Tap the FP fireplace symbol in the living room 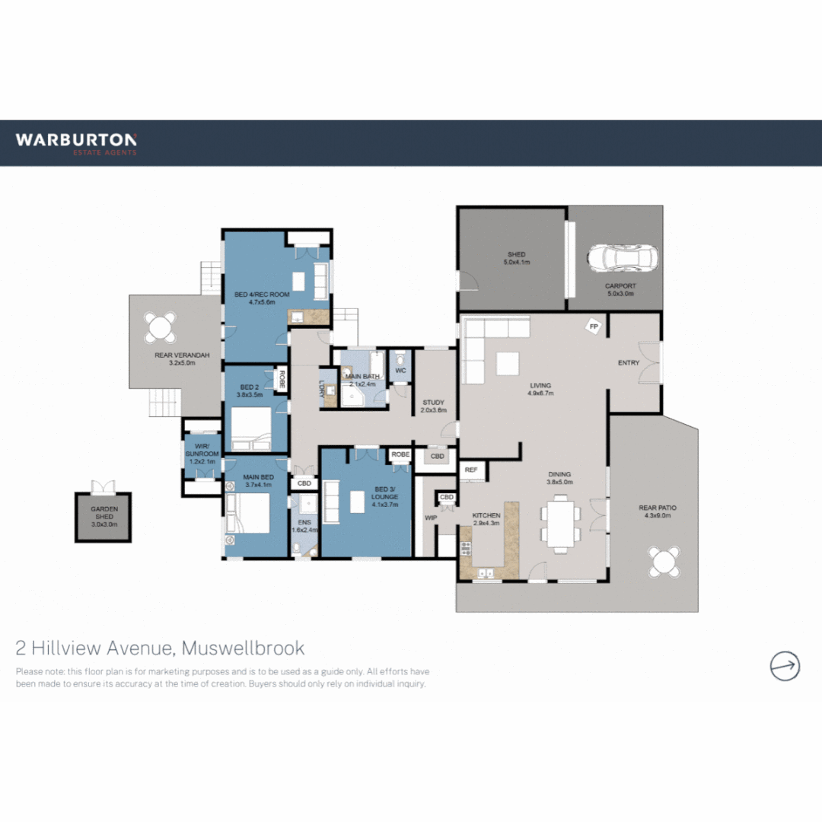(x=594, y=327)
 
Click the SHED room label (x=517, y=255)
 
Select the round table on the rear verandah (x=161, y=327)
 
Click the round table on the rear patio (x=664, y=562)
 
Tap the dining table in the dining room (x=560, y=523)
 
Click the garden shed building (x=103, y=518)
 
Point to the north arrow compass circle (x=784, y=666)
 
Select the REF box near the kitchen (x=471, y=470)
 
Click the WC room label (x=400, y=371)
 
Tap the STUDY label (x=433, y=403)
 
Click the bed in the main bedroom (x=248, y=514)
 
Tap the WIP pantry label (x=429, y=517)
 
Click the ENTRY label (x=629, y=363)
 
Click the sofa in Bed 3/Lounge (x=333, y=502)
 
